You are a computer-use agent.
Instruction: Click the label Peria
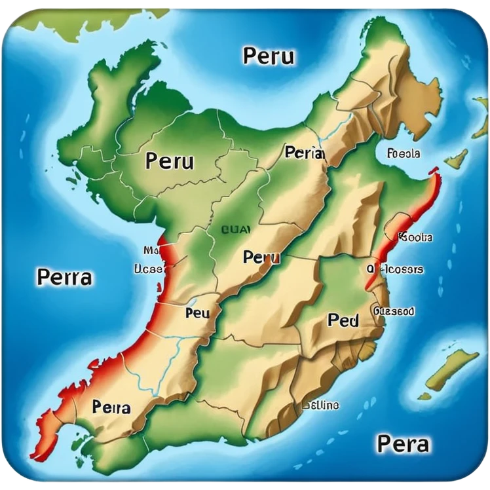(305, 153)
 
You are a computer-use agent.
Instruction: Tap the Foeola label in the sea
(404, 154)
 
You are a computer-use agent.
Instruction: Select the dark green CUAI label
(234, 230)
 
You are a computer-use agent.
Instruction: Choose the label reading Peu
(197, 313)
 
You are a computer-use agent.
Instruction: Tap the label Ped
(343, 320)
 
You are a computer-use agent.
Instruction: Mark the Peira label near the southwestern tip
(111, 407)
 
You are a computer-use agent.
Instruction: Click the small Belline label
(320, 405)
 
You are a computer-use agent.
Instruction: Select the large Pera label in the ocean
(403, 443)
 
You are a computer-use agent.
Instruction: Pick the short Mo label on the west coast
(151, 250)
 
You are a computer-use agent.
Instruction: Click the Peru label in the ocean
(269, 56)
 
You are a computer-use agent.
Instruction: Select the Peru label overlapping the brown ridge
(261, 257)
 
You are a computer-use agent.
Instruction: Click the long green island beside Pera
(451, 369)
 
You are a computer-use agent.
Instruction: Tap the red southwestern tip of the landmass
(47, 426)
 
